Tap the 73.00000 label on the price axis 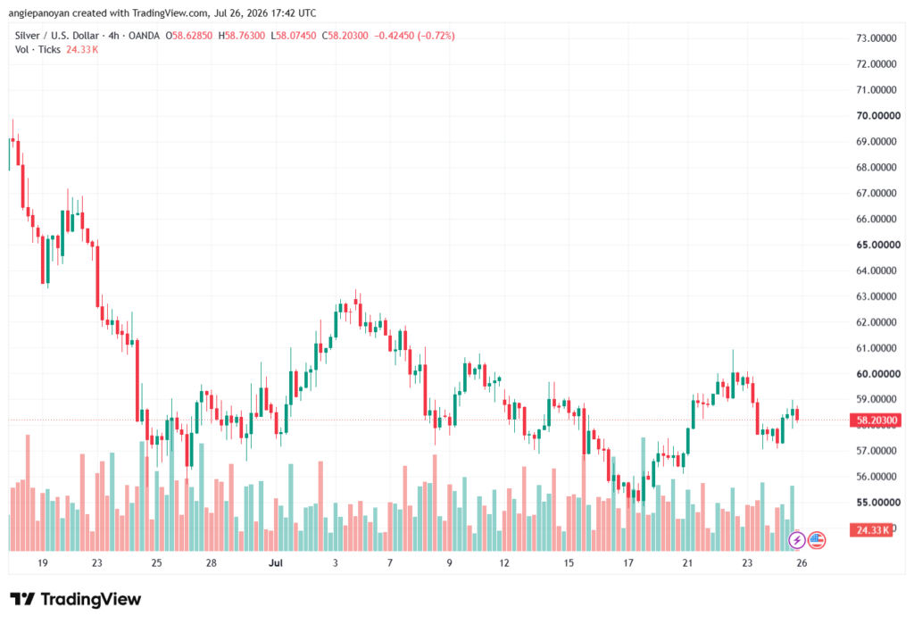877,37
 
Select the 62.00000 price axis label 877,322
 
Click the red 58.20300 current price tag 876,420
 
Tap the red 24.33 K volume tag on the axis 871,530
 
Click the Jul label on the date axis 275,562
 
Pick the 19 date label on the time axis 43,562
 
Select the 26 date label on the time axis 802,562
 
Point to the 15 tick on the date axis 569,562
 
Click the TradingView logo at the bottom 76,599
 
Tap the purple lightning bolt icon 797,540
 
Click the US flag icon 817,540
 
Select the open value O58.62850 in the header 189,36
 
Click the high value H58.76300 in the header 241,36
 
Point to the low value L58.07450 293,36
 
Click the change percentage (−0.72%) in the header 436,36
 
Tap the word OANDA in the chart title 144,36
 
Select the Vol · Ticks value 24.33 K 82,50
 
